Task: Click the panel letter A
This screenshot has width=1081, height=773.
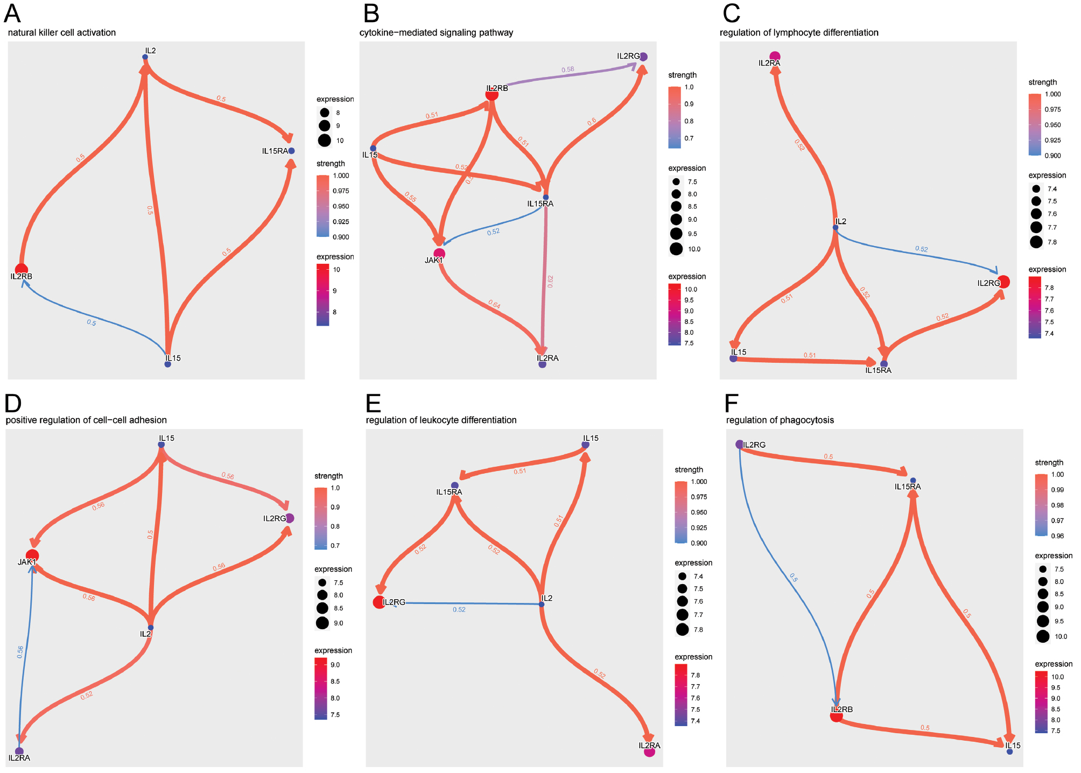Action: pos(12,13)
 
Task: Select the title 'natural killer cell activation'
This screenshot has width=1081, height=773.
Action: pos(62,33)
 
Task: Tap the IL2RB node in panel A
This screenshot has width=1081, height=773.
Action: pos(22,269)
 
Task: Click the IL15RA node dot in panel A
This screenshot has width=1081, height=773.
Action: pos(291,151)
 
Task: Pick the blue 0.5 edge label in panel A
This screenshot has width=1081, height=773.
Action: pos(92,322)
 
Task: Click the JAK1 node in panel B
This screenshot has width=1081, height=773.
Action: pos(439,254)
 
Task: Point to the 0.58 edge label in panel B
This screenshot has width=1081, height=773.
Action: pos(567,70)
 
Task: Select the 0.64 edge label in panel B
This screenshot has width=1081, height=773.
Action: pos(494,305)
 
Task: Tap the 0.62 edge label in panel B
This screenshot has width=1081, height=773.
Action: pos(550,282)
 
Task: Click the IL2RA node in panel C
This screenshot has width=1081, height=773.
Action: pos(775,57)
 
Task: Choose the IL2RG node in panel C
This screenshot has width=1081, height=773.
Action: pos(1003,282)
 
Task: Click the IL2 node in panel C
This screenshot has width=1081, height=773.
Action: pos(836,227)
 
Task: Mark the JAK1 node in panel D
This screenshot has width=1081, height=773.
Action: pos(32,555)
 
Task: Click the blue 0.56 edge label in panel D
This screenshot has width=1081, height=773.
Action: pos(20,652)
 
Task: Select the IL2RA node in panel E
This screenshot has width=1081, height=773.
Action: pos(650,751)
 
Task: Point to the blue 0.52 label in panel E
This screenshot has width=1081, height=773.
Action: pos(459,609)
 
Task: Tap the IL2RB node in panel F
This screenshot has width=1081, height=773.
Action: pos(836,716)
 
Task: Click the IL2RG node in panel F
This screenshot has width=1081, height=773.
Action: pos(740,445)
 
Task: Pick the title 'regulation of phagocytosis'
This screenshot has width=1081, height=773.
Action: pos(780,420)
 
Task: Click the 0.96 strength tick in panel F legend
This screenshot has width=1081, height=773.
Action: pos(1057,536)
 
